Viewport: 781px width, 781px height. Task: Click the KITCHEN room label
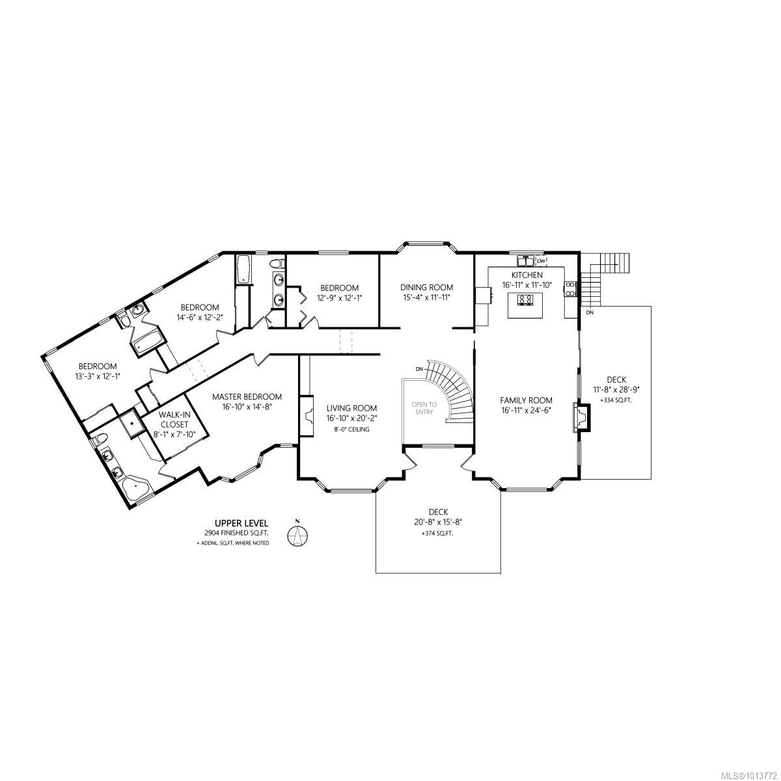point(527,275)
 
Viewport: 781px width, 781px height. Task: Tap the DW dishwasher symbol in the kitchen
point(540,261)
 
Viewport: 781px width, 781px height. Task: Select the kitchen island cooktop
point(526,299)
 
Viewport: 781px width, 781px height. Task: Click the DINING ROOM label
point(426,287)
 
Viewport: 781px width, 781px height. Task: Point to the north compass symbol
point(297,536)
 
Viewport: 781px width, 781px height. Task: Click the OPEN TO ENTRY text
point(424,408)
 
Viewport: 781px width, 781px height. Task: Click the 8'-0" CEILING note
point(351,430)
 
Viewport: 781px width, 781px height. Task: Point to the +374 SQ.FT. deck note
point(437,533)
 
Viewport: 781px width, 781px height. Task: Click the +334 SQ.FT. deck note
point(616,400)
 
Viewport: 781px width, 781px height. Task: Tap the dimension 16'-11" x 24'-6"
point(526,411)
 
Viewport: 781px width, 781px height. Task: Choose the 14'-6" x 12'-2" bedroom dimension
point(200,318)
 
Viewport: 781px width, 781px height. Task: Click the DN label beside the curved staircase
point(420,370)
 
